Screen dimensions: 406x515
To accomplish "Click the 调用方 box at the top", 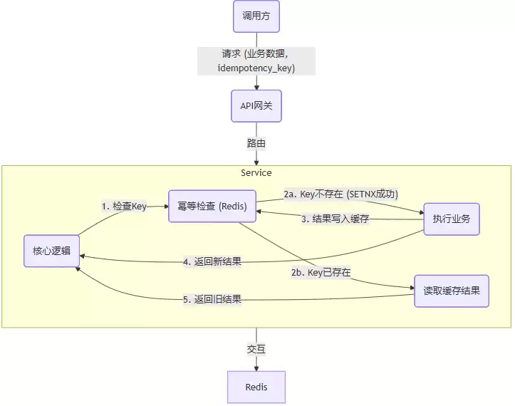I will coord(256,16).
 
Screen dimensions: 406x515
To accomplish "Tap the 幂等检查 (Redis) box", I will coord(212,207).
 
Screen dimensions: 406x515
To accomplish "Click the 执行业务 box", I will coord(451,219).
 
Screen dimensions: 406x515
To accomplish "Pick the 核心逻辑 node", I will coord(51,251).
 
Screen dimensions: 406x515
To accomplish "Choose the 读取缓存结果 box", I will coord(452,291).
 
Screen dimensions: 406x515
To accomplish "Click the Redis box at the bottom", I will coord(256,387).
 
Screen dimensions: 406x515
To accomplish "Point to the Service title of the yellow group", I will coord(256,172).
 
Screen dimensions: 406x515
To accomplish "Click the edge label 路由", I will coord(256,143).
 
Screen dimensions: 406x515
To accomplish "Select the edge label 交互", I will coord(256,349).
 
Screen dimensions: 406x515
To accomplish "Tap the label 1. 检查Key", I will coord(124,206).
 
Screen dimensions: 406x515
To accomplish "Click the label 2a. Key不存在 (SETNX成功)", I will coord(340,194).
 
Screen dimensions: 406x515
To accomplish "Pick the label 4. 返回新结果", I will coord(212,261).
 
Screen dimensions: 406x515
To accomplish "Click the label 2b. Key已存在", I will coord(321,273).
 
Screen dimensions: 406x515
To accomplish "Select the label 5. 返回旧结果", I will coord(212,299).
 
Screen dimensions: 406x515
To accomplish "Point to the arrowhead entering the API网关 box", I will coord(256,87).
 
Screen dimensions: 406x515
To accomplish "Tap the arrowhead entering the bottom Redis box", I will coord(256,368).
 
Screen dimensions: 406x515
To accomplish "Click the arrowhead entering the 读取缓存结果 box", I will coord(411,288).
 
